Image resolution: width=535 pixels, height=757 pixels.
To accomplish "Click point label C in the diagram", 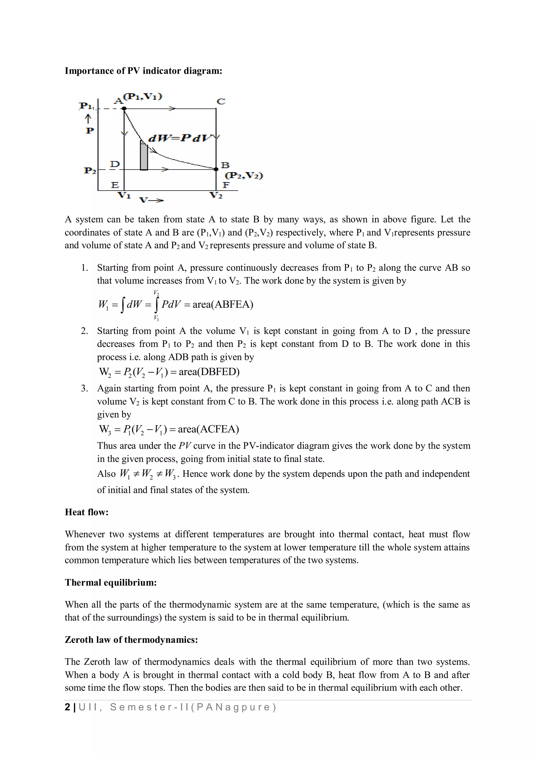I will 221,101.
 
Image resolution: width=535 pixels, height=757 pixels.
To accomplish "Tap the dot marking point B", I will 216,169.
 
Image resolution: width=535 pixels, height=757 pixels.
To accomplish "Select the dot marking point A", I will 124,108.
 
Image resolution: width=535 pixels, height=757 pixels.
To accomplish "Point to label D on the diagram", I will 115,164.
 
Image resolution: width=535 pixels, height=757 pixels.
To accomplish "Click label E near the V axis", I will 115,185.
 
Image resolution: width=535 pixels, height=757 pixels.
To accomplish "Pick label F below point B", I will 226,185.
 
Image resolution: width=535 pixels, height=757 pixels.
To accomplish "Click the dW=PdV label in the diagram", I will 179,138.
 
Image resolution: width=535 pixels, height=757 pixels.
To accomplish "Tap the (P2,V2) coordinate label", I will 244,175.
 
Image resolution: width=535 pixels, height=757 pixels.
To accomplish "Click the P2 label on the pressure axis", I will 90,170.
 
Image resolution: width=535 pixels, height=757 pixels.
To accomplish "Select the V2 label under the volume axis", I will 216,195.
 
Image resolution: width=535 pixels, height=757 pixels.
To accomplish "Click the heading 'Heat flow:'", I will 87,512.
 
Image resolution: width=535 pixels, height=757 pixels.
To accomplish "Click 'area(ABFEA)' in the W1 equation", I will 223,304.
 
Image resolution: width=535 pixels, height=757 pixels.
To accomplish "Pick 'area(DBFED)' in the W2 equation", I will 209,372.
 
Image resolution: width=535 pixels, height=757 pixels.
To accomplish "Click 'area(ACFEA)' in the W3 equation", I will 208,429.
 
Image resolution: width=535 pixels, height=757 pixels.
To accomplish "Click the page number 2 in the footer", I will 68,707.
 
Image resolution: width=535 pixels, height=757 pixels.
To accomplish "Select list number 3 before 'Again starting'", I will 84,388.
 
